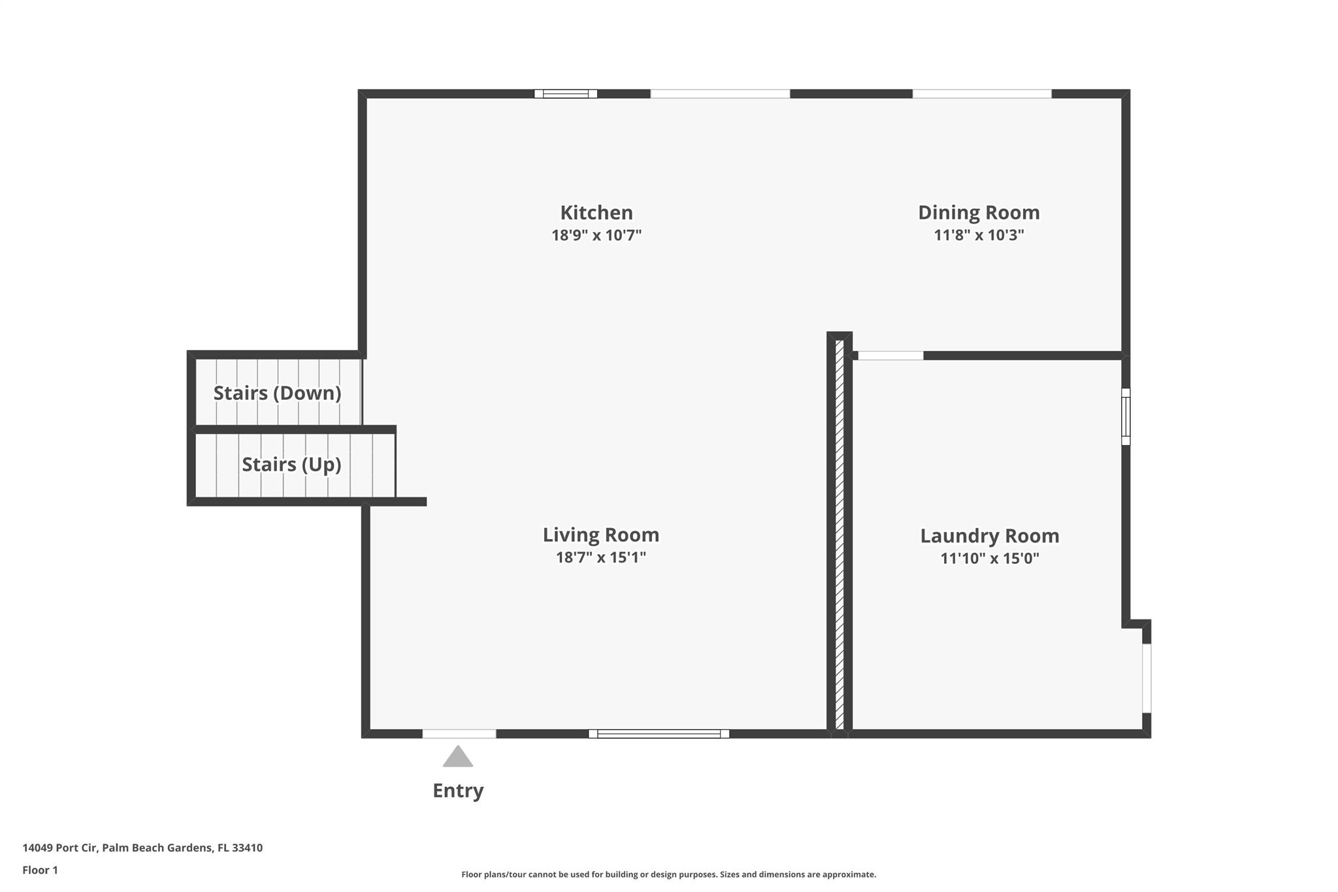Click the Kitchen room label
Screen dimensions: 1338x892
(x=596, y=212)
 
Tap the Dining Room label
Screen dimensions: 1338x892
(x=979, y=212)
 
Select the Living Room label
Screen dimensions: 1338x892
(x=600, y=535)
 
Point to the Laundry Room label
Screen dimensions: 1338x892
(x=989, y=536)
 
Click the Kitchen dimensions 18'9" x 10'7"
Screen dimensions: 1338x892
(x=596, y=235)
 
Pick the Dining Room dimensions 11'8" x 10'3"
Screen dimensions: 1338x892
(x=979, y=235)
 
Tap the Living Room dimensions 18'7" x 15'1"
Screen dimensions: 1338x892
(x=600, y=557)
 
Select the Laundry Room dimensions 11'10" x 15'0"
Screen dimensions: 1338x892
(x=989, y=559)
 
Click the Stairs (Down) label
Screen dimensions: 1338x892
(x=277, y=393)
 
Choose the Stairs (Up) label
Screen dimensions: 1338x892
(x=291, y=464)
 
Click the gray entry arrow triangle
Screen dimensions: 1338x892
(x=457, y=757)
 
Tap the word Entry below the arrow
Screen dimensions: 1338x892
(x=458, y=791)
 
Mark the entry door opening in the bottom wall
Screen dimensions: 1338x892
(x=459, y=734)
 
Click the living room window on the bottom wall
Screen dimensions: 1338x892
(x=659, y=734)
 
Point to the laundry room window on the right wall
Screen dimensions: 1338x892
(x=1126, y=416)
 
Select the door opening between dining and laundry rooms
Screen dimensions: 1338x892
(x=890, y=355)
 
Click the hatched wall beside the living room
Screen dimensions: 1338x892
(x=840, y=535)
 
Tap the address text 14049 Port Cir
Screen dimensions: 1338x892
(x=60, y=848)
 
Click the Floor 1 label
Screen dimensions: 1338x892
(x=40, y=870)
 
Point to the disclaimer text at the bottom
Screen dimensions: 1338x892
(x=668, y=874)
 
